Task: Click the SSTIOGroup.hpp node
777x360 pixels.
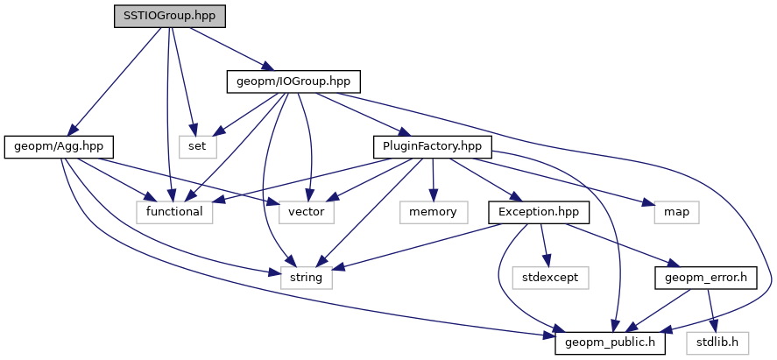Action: [169, 16]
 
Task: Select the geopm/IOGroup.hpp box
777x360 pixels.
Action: [293, 81]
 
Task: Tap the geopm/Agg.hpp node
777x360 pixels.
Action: [59, 146]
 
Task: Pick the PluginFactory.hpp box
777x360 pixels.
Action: [432, 146]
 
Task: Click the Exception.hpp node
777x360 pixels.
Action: [539, 212]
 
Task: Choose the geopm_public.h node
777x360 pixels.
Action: [611, 343]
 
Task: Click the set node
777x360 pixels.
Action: [197, 146]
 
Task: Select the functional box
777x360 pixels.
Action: [174, 212]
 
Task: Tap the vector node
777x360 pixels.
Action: [307, 212]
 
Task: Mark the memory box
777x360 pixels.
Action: [433, 212]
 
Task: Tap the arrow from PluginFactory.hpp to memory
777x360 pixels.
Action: [432, 180]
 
